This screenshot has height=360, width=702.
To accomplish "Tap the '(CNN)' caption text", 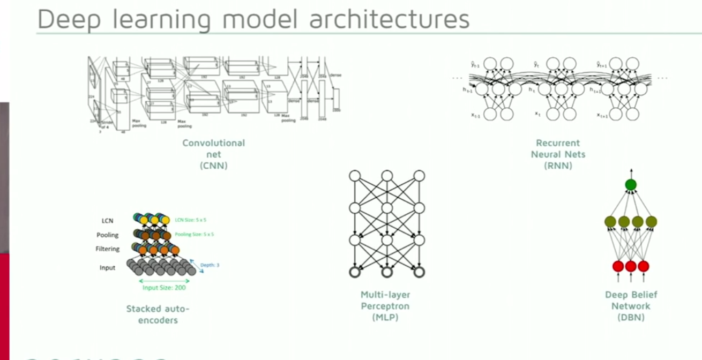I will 213,166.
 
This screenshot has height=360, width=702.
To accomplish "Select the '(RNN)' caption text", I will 558,166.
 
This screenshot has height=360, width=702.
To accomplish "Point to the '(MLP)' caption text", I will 385,318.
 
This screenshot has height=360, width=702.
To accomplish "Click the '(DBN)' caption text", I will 631,317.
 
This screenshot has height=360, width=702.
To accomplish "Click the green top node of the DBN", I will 631,185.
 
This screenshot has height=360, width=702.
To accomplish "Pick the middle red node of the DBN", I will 631,266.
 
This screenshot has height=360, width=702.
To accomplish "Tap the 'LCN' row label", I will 107,221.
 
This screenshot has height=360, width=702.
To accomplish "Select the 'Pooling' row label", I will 107,235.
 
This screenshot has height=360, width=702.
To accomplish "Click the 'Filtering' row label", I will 108,249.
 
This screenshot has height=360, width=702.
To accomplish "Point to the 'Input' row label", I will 107,267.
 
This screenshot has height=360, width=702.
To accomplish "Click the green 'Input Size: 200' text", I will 164,288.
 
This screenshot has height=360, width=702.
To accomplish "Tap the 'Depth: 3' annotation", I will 210,265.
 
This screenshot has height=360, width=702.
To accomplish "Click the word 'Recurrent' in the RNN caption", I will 558,143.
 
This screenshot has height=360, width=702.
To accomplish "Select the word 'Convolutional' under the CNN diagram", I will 213,143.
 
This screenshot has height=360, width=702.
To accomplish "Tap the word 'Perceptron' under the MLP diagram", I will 385,306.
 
